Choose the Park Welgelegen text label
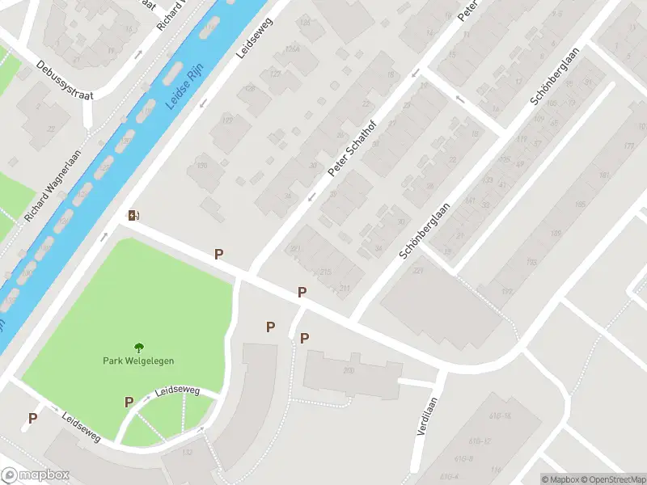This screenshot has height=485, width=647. (138, 361)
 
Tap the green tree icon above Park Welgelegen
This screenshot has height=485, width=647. (138, 348)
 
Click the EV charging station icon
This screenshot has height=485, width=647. (133, 215)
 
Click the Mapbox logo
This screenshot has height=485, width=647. (36, 475)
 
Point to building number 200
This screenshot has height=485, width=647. (349, 370)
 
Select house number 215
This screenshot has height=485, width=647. (325, 272)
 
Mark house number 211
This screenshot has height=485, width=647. (345, 288)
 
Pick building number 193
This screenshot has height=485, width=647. (531, 262)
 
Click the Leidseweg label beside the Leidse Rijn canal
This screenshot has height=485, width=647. (255, 40)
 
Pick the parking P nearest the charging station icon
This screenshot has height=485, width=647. (218, 255)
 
